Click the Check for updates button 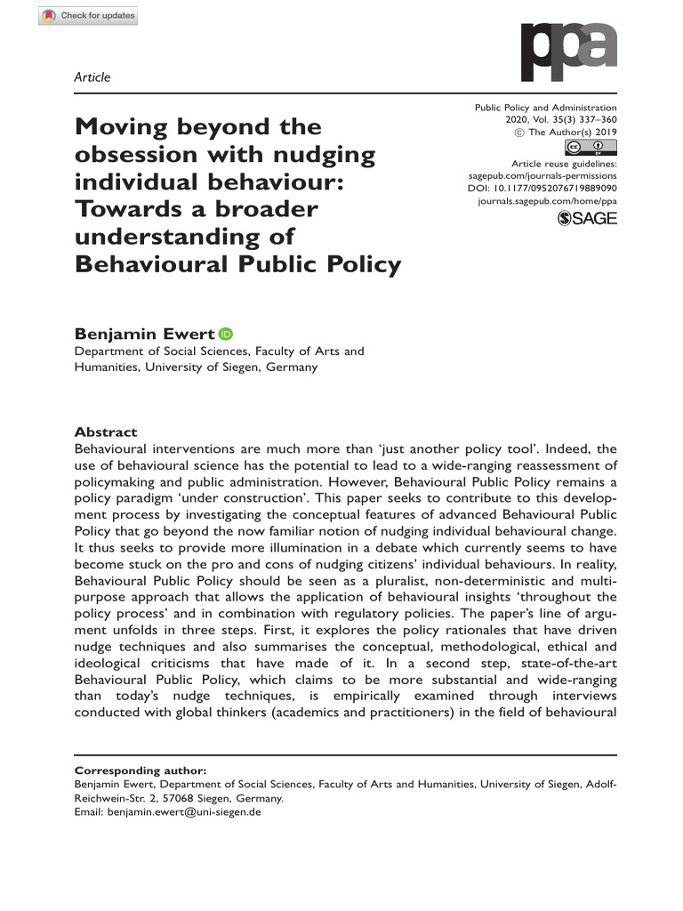coord(88,16)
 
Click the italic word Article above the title coord(91,77)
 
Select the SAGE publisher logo coord(586,219)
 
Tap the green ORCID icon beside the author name coord(225,335)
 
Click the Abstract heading coord(105,431)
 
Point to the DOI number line coord(542,189)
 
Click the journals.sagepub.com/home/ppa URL coord(547,202)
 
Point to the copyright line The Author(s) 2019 coord(572,132)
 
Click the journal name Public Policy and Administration coord(547,107)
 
